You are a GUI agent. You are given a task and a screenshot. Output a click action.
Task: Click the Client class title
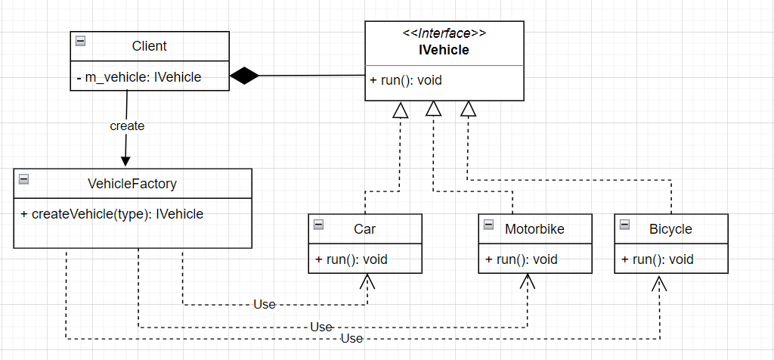(x=149, y=46)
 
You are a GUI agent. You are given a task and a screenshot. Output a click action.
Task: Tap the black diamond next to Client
(x=244, y=75)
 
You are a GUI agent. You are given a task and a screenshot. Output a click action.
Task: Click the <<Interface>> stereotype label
(x=444, y=33)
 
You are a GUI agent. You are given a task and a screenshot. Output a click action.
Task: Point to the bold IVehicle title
(x=444, y=51)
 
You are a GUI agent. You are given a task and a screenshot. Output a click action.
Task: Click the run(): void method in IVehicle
(x=406, y=81)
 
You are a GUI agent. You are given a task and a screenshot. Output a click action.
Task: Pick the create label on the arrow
(x=127, y=126)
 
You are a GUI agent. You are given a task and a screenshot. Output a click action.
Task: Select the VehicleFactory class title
(x=132, y=183)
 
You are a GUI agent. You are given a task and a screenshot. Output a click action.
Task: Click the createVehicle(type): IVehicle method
(x=112, y=214)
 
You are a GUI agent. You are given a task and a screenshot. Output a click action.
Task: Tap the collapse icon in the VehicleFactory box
(x=23, y=179)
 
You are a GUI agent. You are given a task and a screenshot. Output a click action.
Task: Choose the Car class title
(x=364, y=228)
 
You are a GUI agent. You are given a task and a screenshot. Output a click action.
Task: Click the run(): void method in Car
(x=351, y=259)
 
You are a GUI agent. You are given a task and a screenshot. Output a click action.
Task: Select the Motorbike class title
(x=534, y=228)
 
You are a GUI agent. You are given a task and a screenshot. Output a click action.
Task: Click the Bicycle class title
(x=670, y=228)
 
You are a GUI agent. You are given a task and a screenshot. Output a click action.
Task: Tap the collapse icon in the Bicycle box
(x=624, y=225)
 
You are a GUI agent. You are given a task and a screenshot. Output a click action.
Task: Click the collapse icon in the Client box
(x=80, y=42)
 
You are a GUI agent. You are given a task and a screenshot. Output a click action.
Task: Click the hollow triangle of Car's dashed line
(x=401, y=110)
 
